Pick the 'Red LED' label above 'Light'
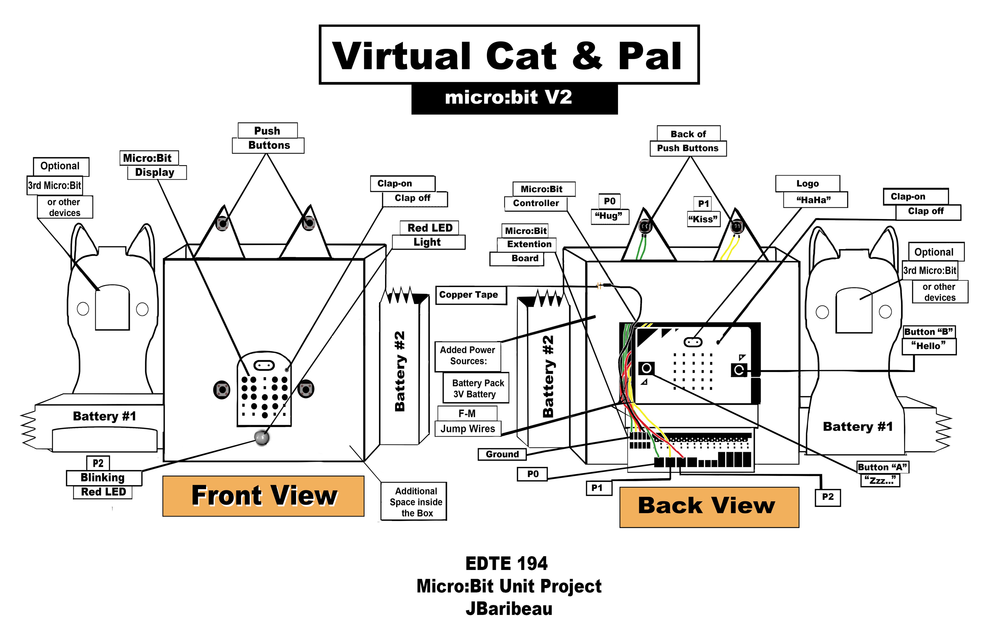click(x=430, y=228)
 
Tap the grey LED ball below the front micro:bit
click(x=262, y=438)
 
